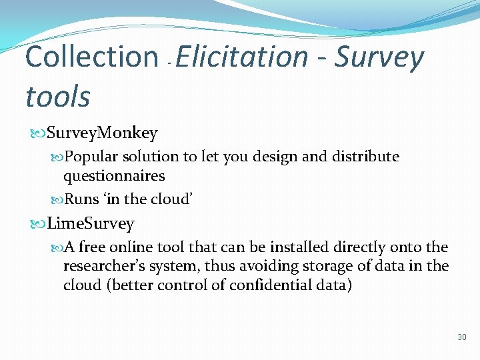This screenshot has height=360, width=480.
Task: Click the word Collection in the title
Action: tap(91, 57)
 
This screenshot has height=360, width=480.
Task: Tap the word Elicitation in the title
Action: tap(242, 57)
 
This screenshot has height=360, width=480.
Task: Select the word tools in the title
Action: tap(57, 97)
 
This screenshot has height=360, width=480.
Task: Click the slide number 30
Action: tap(462, 337)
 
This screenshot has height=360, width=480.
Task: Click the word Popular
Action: tap(93, 157)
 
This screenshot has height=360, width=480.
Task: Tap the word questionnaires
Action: tap(114, 176)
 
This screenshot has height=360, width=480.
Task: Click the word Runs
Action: tap(82, 198)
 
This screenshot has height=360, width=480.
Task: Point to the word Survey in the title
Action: tap(379, 57)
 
